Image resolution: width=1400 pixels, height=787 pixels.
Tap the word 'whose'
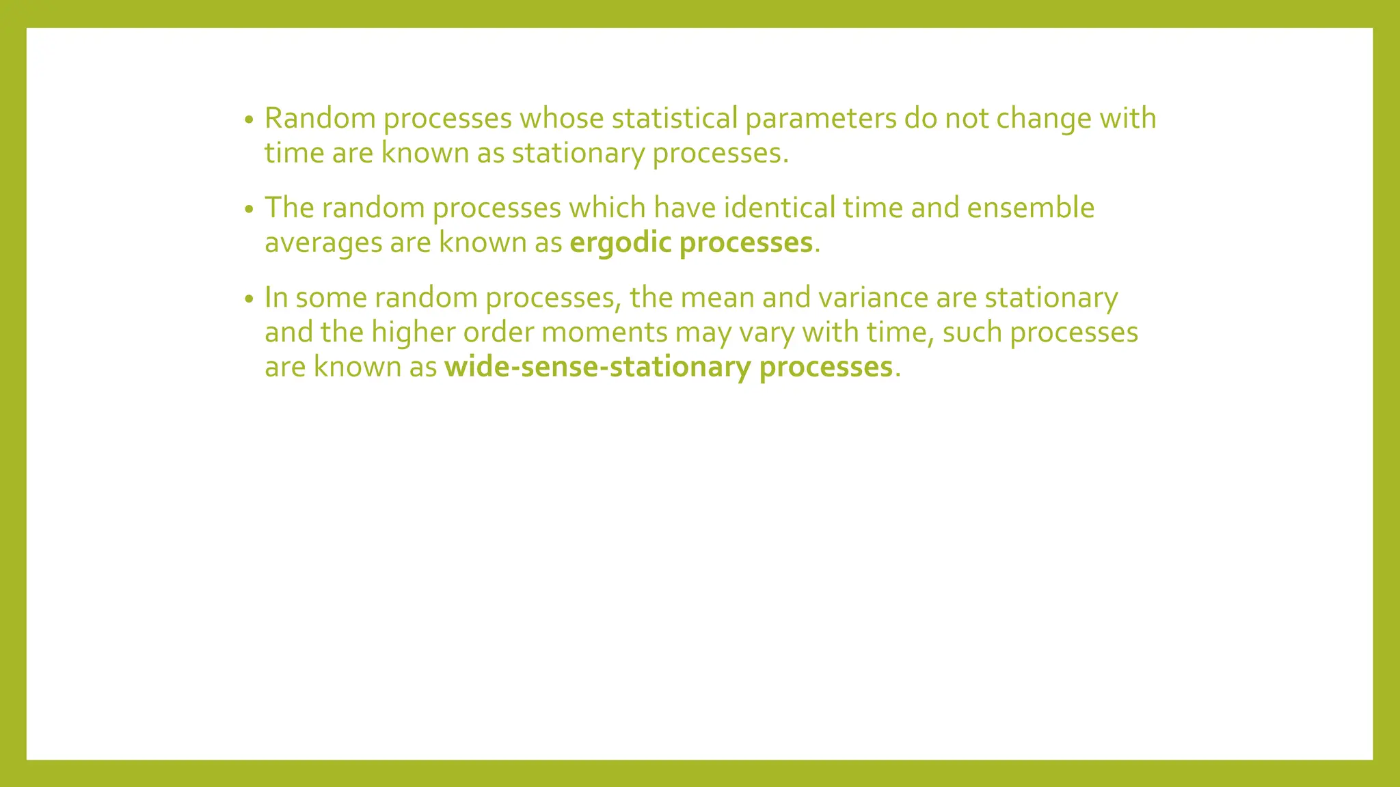(x=561, y=118)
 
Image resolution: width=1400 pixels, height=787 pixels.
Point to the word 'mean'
(x=717, y=298)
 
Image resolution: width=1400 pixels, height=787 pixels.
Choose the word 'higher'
(x=413, y=333)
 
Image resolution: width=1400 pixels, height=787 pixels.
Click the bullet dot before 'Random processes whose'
(x=249, y=120)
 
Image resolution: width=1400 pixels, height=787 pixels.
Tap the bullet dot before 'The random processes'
(x=249, y=210)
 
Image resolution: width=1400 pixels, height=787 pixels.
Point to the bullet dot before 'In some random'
(x=249, y=300)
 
